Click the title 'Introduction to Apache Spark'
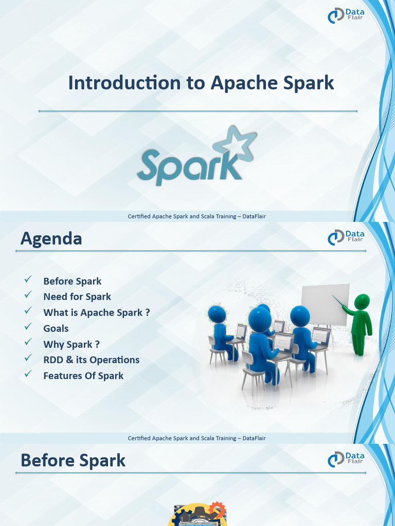(201, 83)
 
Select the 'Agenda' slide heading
(51, 239)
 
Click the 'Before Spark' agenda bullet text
(73, 281)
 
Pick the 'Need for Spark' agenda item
(77, 296)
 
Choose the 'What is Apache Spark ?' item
(97, 312)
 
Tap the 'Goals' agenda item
(56, 328)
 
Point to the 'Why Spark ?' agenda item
(71, 344)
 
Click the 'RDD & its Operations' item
(92, 360)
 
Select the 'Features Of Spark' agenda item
(83, 375)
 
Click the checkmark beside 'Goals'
(28, 327)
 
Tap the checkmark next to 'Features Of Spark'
(28, 374)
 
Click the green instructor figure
(361, 324)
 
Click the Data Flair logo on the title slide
(346, 15)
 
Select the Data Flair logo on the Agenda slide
(346, 237)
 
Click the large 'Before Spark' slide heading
(73, 460)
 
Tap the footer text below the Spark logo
(197, 216)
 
